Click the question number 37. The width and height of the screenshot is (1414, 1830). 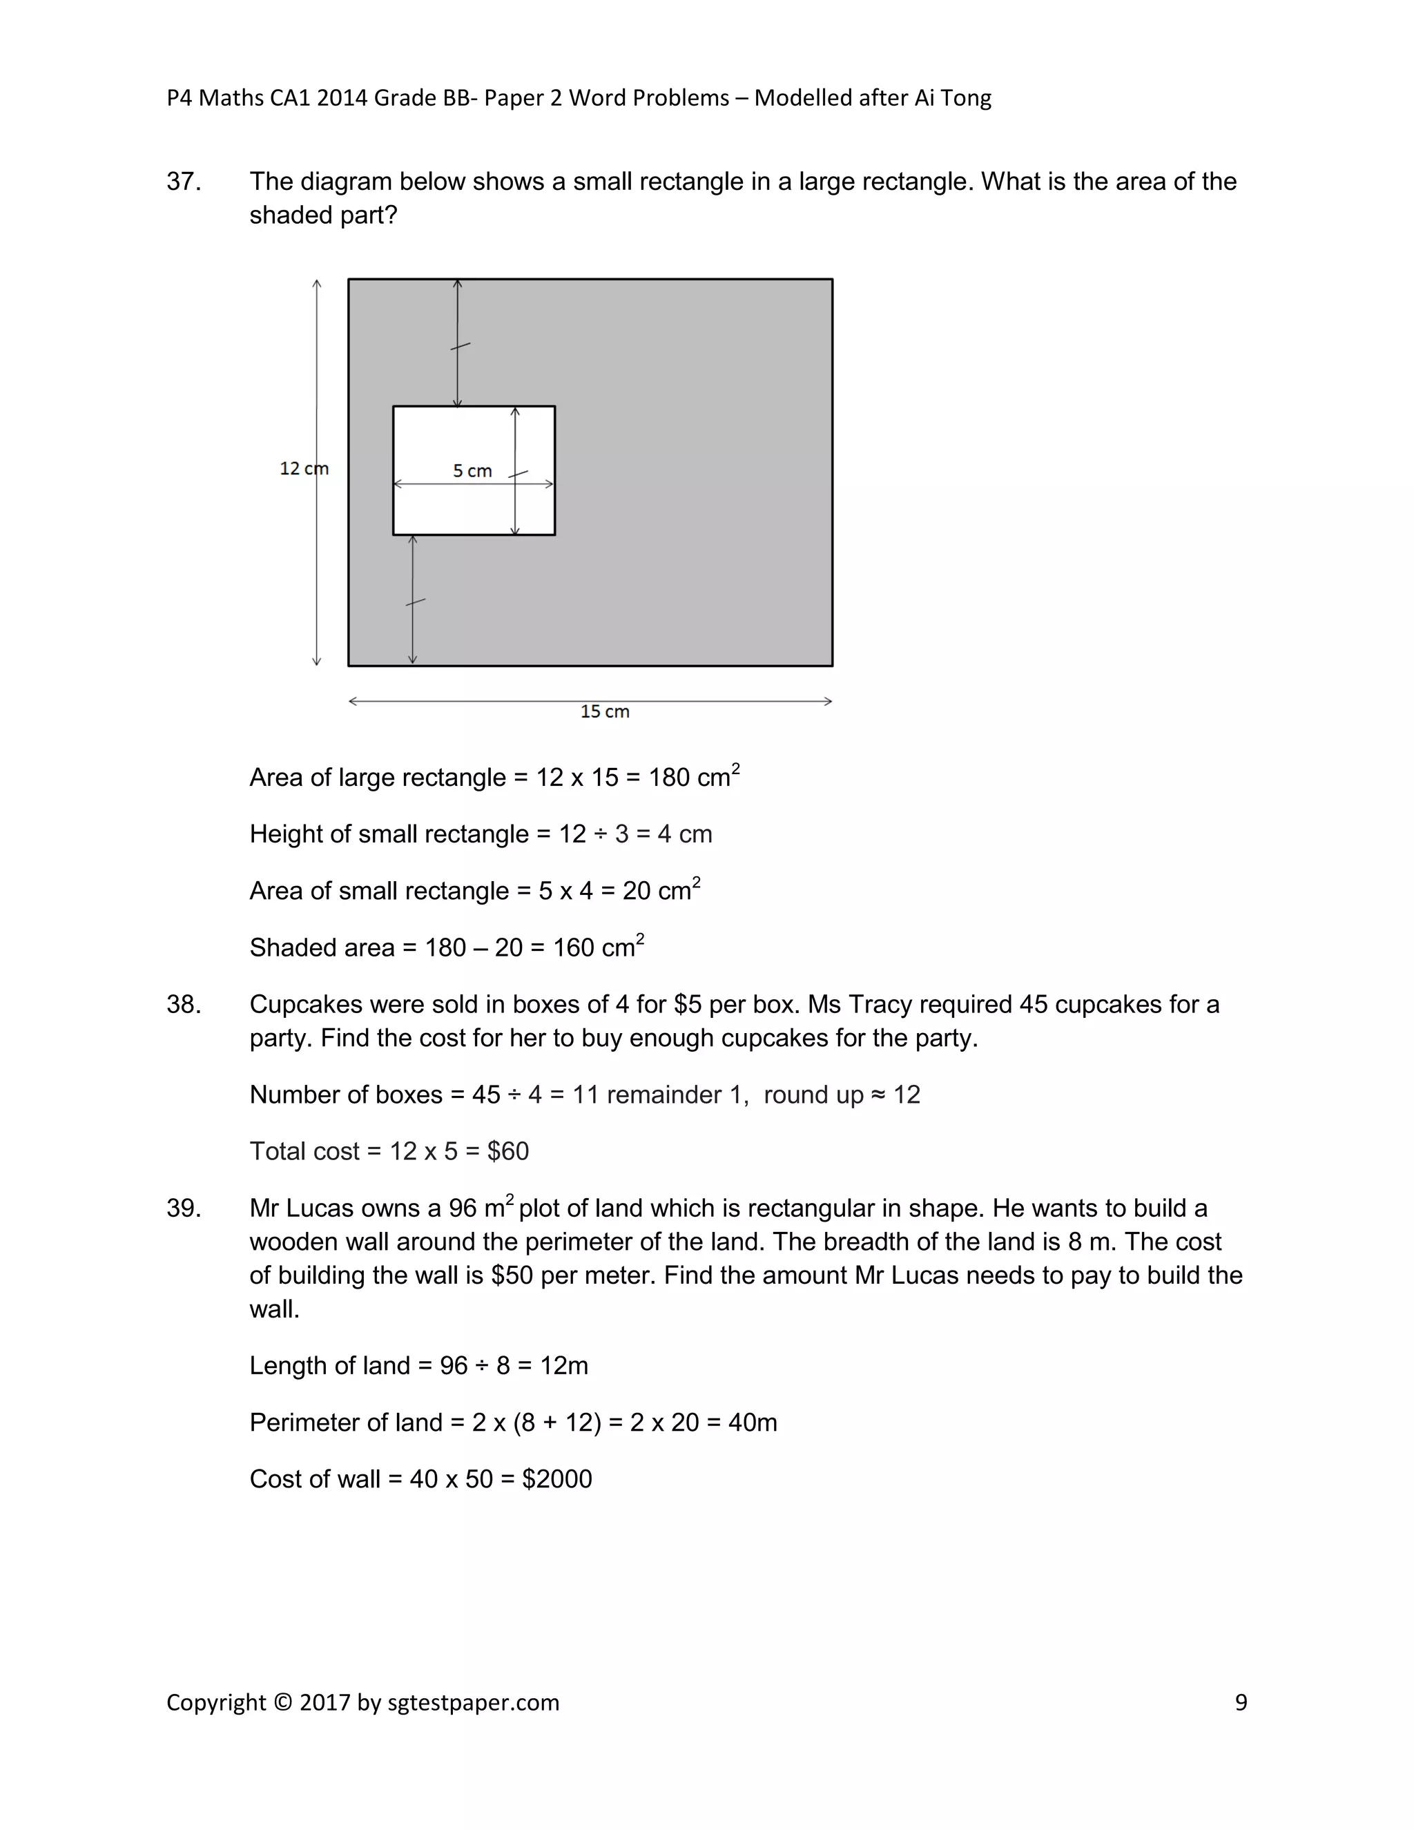(184, 182)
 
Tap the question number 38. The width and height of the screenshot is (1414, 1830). (184, 1004)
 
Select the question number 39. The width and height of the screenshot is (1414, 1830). (184, 1208)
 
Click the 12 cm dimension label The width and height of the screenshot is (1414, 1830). (303, 468)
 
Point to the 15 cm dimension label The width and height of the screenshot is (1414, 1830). (604, 711)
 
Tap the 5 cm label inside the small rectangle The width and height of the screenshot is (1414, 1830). (472, 471)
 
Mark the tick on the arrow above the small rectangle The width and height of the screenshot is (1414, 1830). (460, 345)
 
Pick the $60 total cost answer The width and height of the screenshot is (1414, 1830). (507, 1151)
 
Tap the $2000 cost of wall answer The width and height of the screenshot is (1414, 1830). (556, 1479)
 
